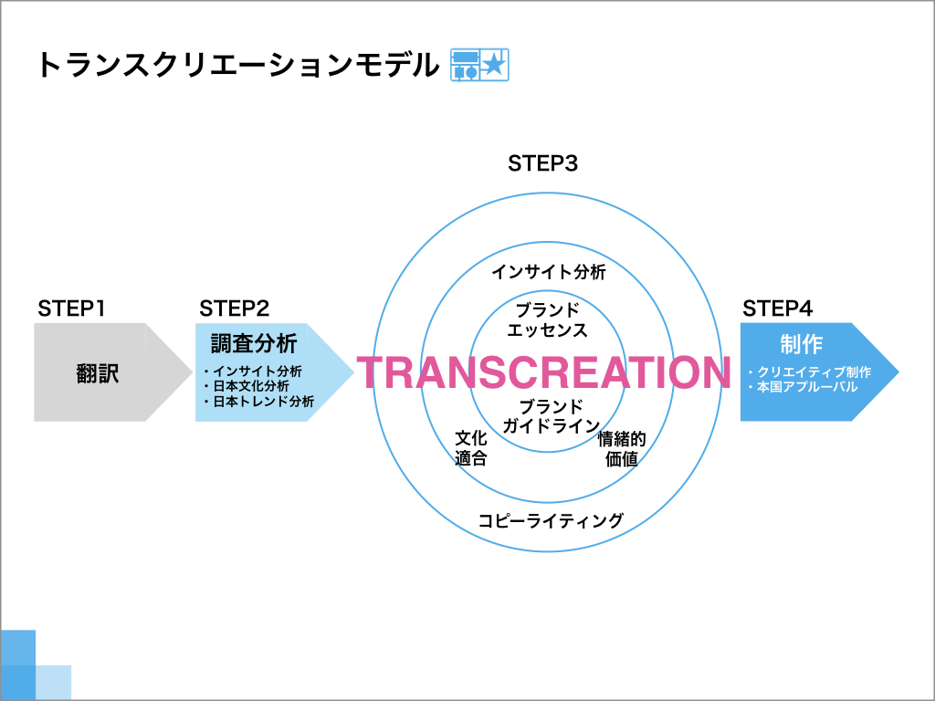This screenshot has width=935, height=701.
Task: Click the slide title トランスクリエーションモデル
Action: (x=238, y=66)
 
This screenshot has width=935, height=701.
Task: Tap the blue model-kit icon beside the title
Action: (x=479, y=65)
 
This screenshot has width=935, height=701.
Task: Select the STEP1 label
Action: (x=71, y=309)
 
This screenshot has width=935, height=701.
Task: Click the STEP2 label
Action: (x=235, y=309)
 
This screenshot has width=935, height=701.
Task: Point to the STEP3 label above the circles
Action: (x=543, y=164)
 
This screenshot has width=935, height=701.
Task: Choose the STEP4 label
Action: (x=778, y=309)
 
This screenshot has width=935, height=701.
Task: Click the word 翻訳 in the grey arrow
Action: (x=97, y=373)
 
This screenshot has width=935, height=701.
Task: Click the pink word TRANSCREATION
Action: (x=543, y=372)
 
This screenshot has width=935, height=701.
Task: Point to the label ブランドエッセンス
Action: (x=547, y=319)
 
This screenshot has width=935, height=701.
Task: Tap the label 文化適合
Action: (x=471, y=448)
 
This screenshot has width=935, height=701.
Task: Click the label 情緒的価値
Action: (x=622, y=448)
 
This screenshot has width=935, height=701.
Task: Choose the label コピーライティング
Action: (x=551, y=520)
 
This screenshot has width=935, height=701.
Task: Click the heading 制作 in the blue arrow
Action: (x=802, y=344)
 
